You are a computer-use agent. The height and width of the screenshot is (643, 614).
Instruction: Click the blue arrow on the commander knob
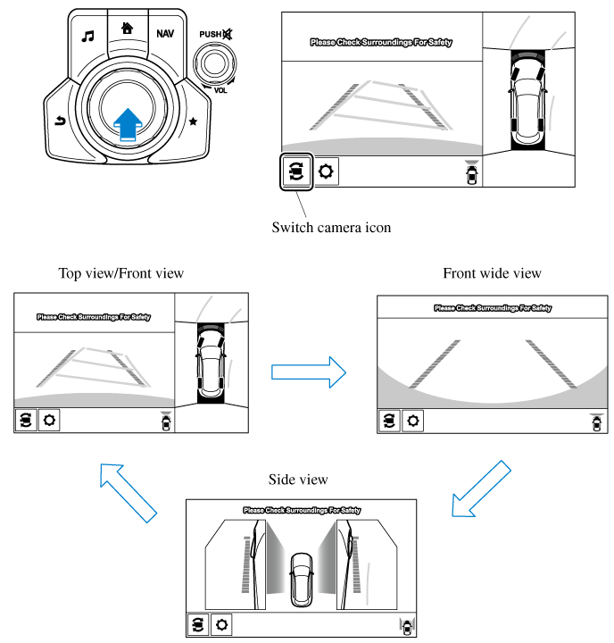coord(129,123)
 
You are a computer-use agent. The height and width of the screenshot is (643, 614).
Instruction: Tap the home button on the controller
coord(128,28)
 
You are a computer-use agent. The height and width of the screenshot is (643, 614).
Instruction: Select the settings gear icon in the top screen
coord(326,171)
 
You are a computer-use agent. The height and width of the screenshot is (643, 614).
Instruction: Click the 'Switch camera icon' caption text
coord(331,227)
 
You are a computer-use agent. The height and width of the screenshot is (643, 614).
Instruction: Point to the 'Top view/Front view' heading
coord(120,273)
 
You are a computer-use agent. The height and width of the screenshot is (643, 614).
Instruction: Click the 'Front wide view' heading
coord(492,273)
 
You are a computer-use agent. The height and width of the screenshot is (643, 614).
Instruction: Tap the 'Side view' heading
coord(298,480)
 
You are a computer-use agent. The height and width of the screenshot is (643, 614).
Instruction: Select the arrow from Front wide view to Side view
coord(481,489)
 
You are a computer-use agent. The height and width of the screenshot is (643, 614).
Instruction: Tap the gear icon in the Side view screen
coord(220,624)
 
